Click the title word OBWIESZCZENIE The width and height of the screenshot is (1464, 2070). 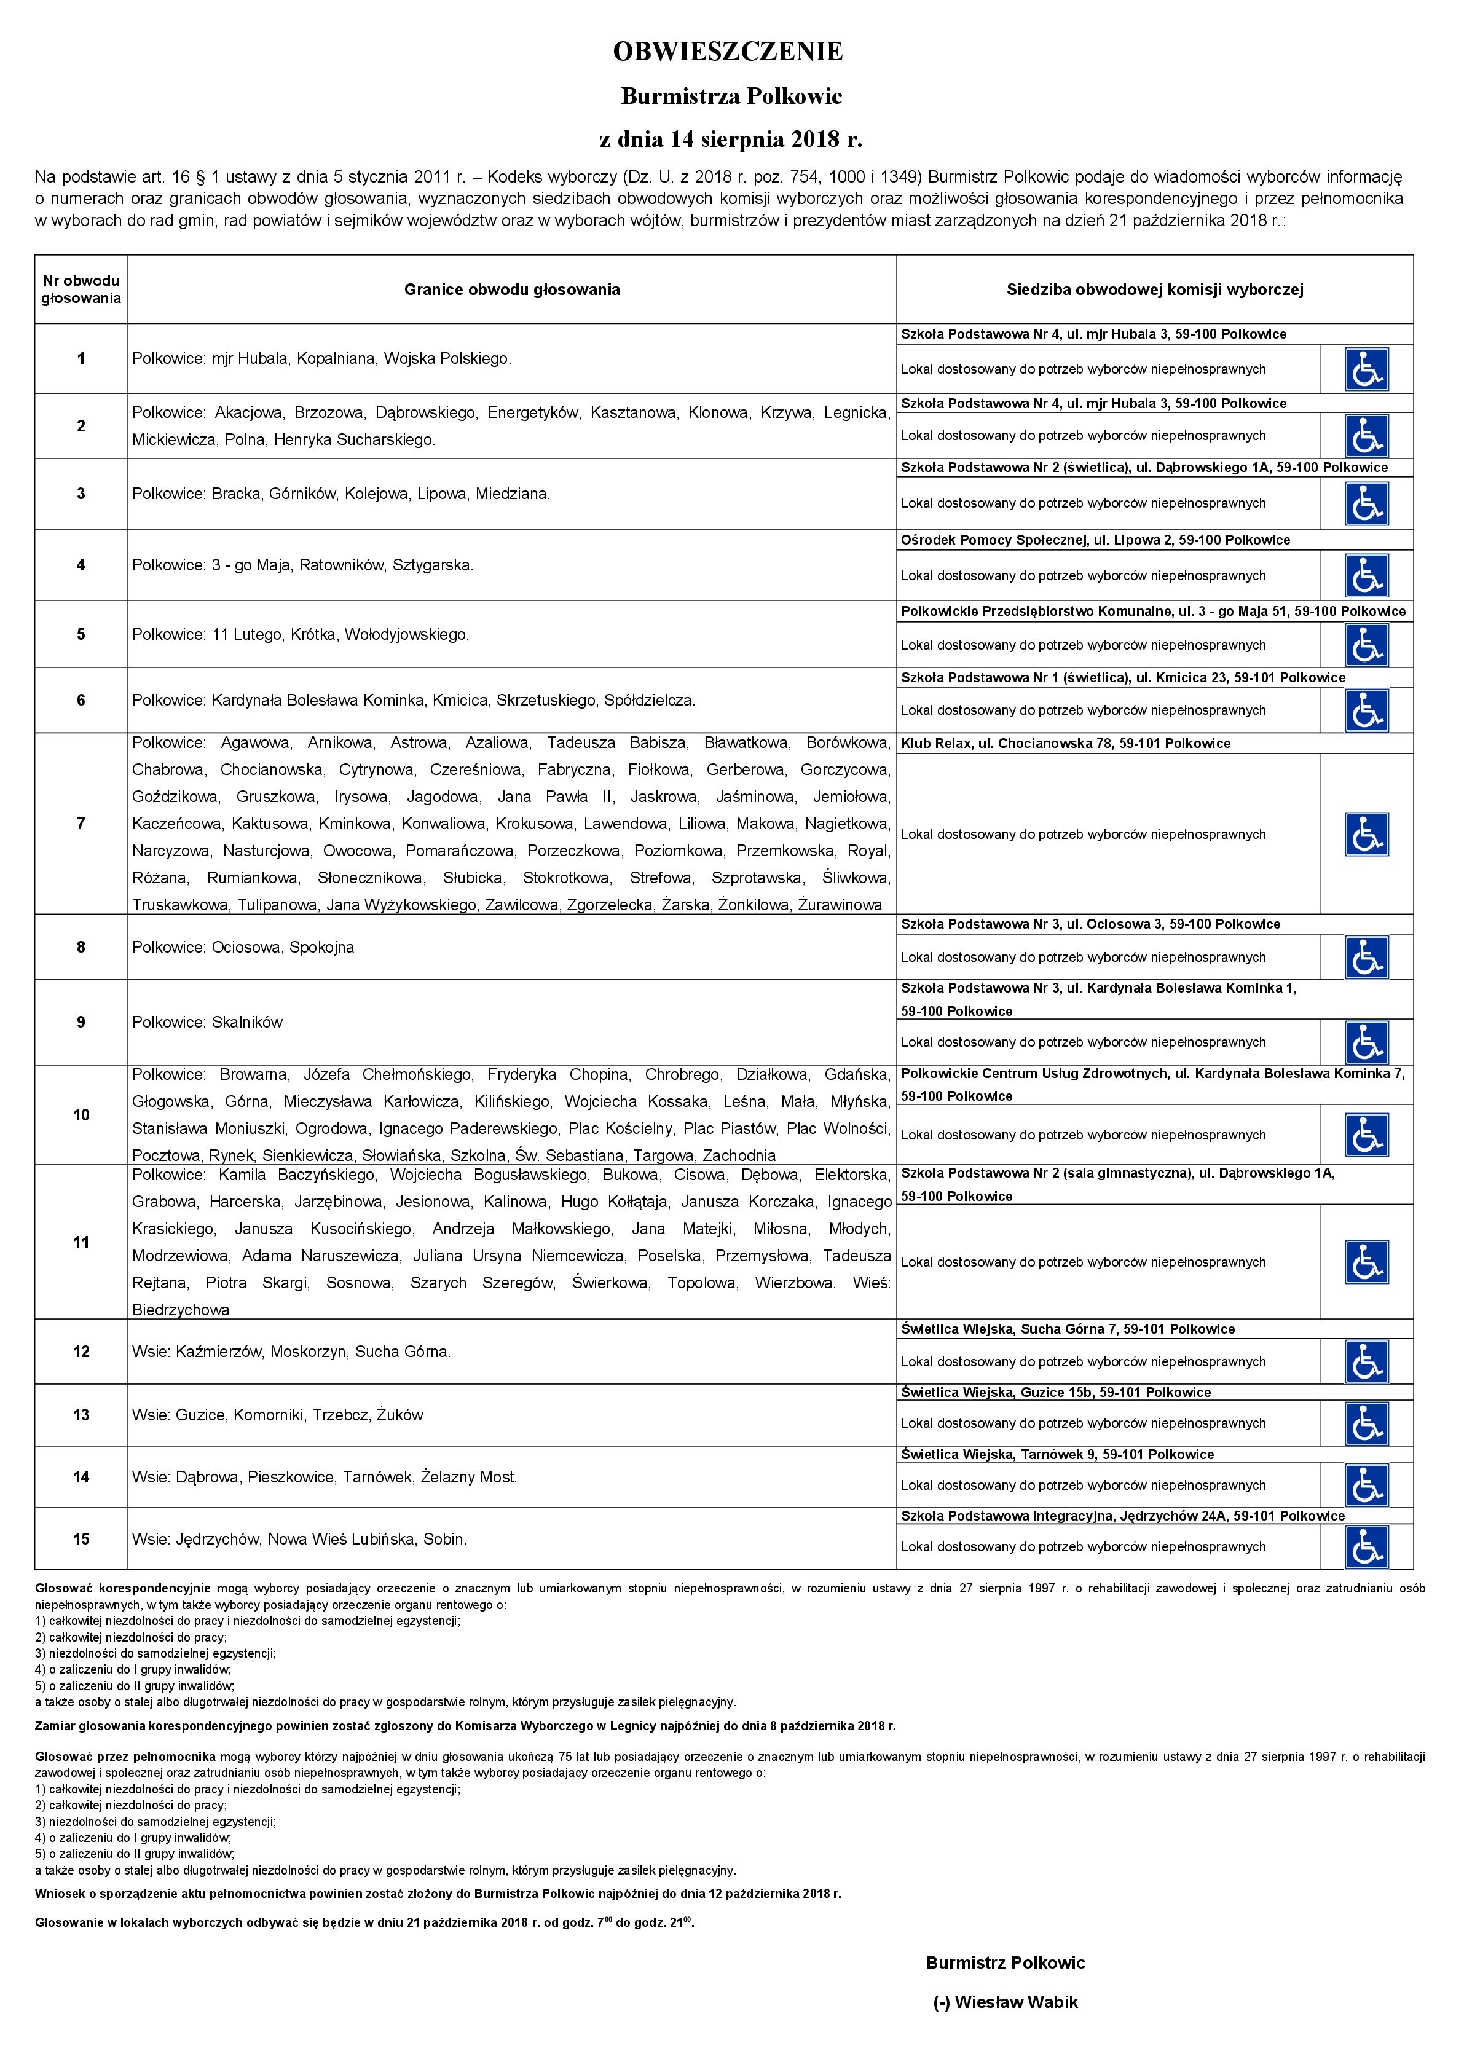728,52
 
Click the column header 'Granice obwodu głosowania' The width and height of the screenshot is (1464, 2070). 511,289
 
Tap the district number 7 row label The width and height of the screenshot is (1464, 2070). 81,823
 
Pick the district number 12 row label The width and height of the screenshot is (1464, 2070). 81,1352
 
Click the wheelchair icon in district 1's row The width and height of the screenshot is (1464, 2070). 1366,369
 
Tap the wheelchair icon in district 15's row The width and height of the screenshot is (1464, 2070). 1366,1546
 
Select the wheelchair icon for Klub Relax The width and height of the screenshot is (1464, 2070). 1366,834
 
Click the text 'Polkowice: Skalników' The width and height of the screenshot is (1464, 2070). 207,1022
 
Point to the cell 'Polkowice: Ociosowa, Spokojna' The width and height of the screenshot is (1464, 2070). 243,948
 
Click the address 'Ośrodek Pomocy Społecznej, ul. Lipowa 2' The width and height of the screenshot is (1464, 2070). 1095,540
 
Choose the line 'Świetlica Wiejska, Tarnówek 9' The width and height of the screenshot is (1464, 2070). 1057,1454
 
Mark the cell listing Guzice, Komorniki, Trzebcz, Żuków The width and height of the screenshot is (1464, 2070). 278,1415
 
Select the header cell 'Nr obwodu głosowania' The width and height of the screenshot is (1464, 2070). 81,289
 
